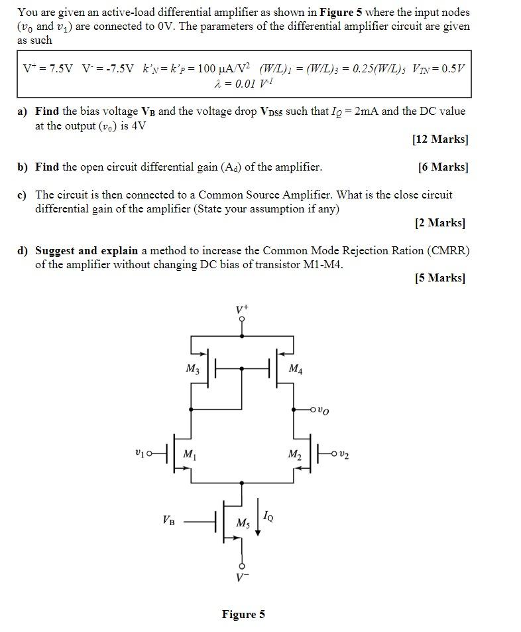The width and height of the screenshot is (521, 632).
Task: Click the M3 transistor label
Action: click(x=192, y=369)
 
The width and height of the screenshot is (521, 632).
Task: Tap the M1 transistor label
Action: click(x=189, y=455)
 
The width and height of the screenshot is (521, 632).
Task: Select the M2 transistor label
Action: click(x=294, y=455)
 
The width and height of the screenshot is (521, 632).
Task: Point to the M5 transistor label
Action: click(x=243, y=524)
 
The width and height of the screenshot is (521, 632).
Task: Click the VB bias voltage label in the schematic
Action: click(x=169, y=520)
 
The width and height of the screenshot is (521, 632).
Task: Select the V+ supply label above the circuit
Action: click(x=242, y=309)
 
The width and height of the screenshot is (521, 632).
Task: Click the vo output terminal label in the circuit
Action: click(x=322, y=410)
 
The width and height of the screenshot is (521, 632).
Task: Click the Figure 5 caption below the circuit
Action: click(x=243, y=614)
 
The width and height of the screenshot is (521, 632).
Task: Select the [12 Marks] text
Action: click(x=439, y=139)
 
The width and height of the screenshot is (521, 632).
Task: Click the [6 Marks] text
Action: click(x=443, y=167)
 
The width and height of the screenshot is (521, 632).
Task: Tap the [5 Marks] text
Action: click(x=440, y=277)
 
